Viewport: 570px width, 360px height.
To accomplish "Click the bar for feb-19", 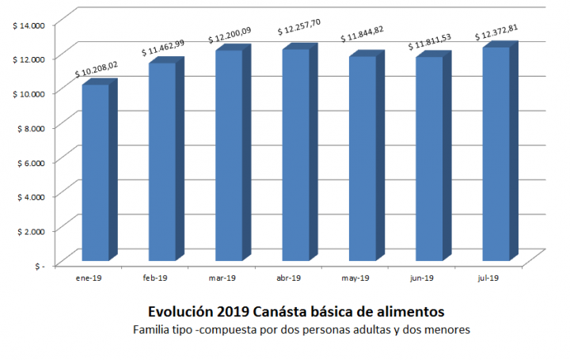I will point(161,161).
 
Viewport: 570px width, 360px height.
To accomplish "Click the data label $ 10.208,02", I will point(102,70).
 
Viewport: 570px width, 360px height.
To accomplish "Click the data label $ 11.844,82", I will point(369,37).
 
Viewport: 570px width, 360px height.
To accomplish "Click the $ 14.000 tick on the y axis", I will point(28,26).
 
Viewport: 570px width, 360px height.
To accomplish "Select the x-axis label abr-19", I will point(288,278).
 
